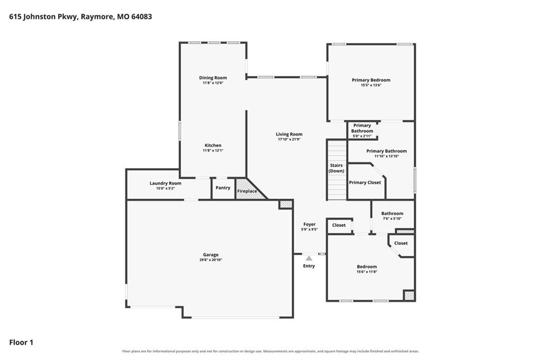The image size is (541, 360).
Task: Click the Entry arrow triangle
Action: click(x=309, y=258)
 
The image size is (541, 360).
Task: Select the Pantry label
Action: click(x=223, y=188)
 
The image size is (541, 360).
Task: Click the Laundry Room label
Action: click(x=165, y=183)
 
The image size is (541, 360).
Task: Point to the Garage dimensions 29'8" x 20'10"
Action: click(x=210, y=260)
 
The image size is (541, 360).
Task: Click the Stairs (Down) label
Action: click(x=336, y=168)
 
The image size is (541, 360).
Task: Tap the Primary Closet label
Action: click(x=365, y=182)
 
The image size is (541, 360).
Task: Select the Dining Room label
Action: click(x=213, y=78)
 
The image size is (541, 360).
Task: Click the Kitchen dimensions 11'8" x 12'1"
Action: click(x=213, y=151)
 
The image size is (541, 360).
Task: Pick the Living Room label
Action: click(x=289, y=134)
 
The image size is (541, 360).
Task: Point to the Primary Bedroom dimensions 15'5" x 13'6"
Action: click(x=371, y=85)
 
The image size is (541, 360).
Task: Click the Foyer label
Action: click(x=310, y=224)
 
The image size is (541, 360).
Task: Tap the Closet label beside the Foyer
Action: click(x=339, y=225)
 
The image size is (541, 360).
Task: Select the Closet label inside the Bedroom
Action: click(x=401, y=243)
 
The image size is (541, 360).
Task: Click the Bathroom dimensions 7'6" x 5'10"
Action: click(x=392, y=218)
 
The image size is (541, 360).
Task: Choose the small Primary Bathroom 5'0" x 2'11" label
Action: click(x=362, y=131)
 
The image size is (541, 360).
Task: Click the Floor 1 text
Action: click(x=21, y=343)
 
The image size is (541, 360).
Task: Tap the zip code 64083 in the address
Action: click(x=142, y=16)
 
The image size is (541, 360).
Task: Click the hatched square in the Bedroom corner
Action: click(x=409, y=296)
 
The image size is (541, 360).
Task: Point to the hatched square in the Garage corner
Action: click(x=286, y=204)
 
